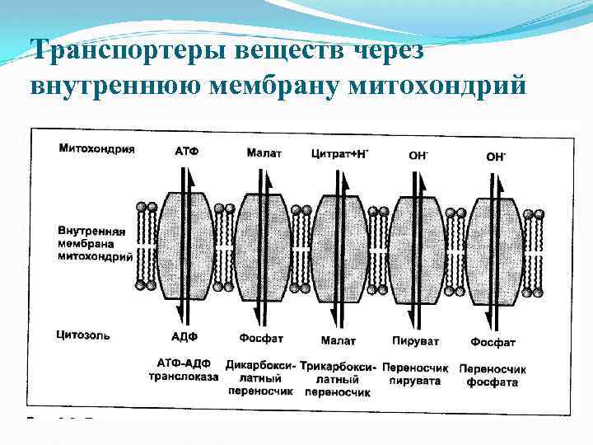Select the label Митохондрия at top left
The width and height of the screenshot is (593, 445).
point(97,150)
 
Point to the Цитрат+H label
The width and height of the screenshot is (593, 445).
point(339,152)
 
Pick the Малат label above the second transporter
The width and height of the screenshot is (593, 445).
point(264,152)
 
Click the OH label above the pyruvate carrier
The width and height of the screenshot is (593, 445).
point(419,154)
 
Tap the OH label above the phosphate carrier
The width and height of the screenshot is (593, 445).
point(495,155)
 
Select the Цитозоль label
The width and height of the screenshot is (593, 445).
point(84,335)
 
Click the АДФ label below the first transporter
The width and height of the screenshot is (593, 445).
point(185,338)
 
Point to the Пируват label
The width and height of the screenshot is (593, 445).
point(416,340)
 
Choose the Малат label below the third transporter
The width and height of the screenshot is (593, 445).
point(338,340)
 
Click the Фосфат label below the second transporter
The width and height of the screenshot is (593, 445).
point(262,339)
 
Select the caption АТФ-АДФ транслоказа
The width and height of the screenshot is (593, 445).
point(184,369)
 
